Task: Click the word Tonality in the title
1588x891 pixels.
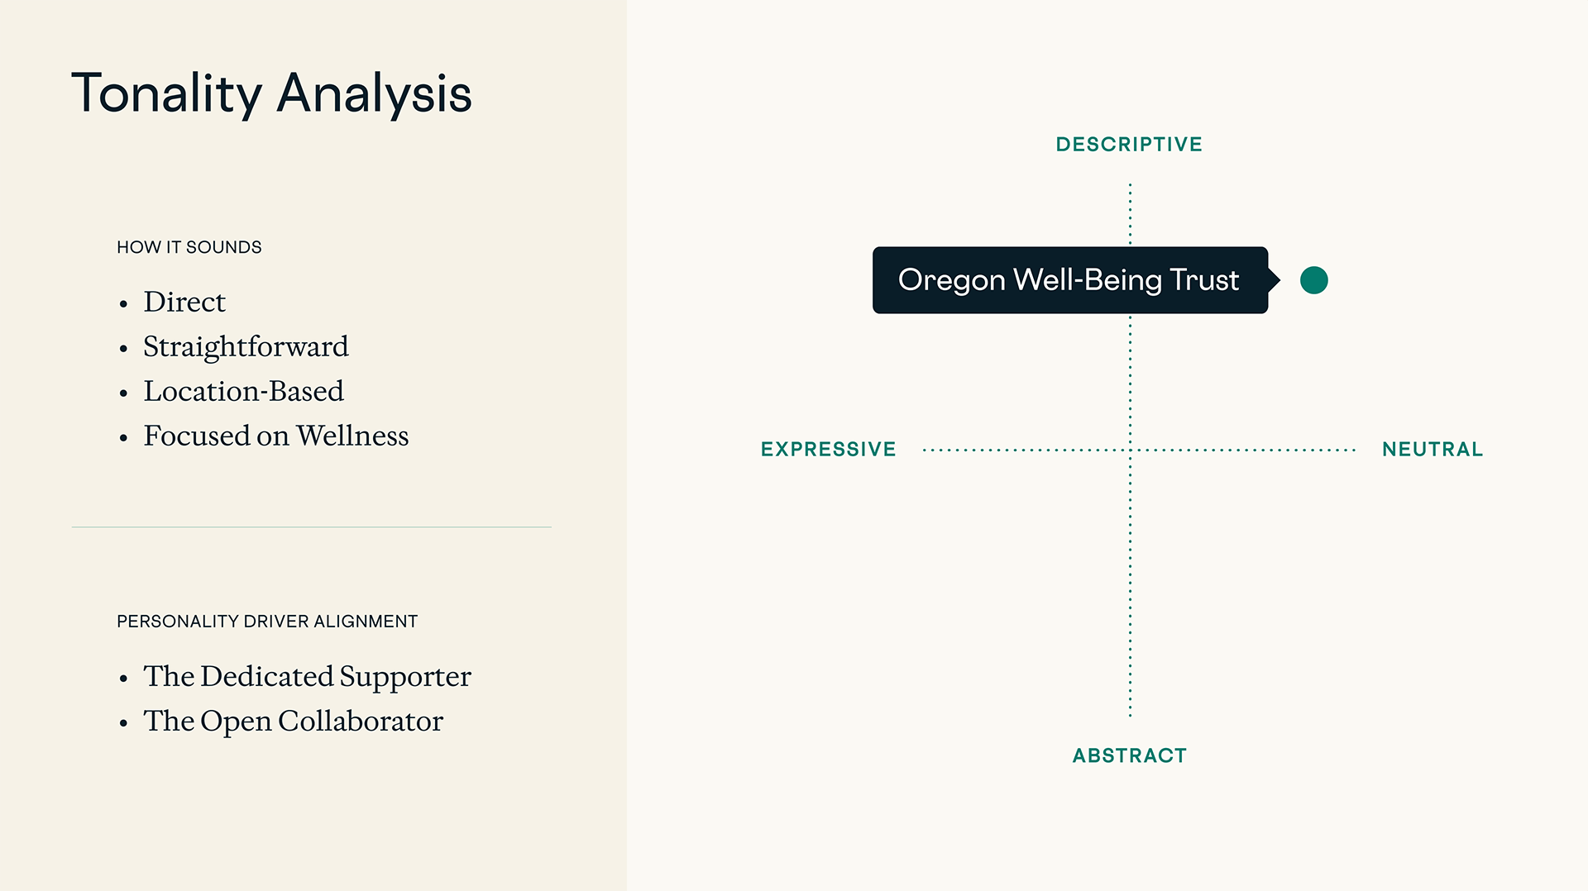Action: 167,94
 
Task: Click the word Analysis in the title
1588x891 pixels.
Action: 374,93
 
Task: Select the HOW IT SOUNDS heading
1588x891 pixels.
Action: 189,247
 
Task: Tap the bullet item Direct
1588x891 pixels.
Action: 184,302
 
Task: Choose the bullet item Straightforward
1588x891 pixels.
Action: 246,347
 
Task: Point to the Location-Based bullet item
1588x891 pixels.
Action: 243,391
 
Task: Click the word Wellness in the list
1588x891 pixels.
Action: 352,436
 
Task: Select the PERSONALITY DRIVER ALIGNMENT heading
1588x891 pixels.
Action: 267,622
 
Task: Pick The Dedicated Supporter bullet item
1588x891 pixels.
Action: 307,677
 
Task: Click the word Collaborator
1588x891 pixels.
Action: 361,721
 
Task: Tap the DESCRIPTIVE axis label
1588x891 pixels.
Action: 1129,145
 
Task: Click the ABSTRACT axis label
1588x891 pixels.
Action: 1130,755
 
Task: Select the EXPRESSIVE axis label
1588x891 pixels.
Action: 829,450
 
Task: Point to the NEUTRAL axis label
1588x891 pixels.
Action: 1433,450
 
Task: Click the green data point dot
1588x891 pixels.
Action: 1314,280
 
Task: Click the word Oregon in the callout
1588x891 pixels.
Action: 952,281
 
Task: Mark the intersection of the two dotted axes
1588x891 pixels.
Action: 1131,450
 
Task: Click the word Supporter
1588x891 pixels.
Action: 405,677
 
